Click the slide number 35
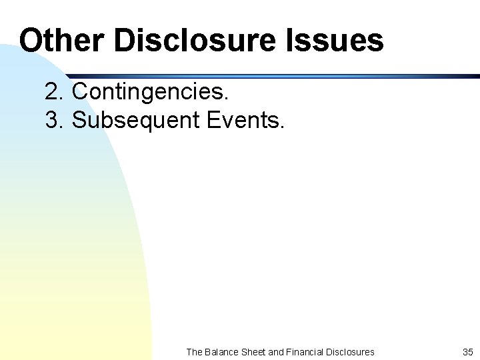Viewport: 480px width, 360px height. point(467,351)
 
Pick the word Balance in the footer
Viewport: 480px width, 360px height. point(221,351)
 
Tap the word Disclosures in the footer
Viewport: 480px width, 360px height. point(351,351)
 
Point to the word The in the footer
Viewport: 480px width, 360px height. point(195,351)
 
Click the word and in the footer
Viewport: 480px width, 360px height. point(276,351)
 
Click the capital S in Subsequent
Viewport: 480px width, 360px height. point(79,120)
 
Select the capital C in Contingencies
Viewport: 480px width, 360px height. point(79,91)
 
